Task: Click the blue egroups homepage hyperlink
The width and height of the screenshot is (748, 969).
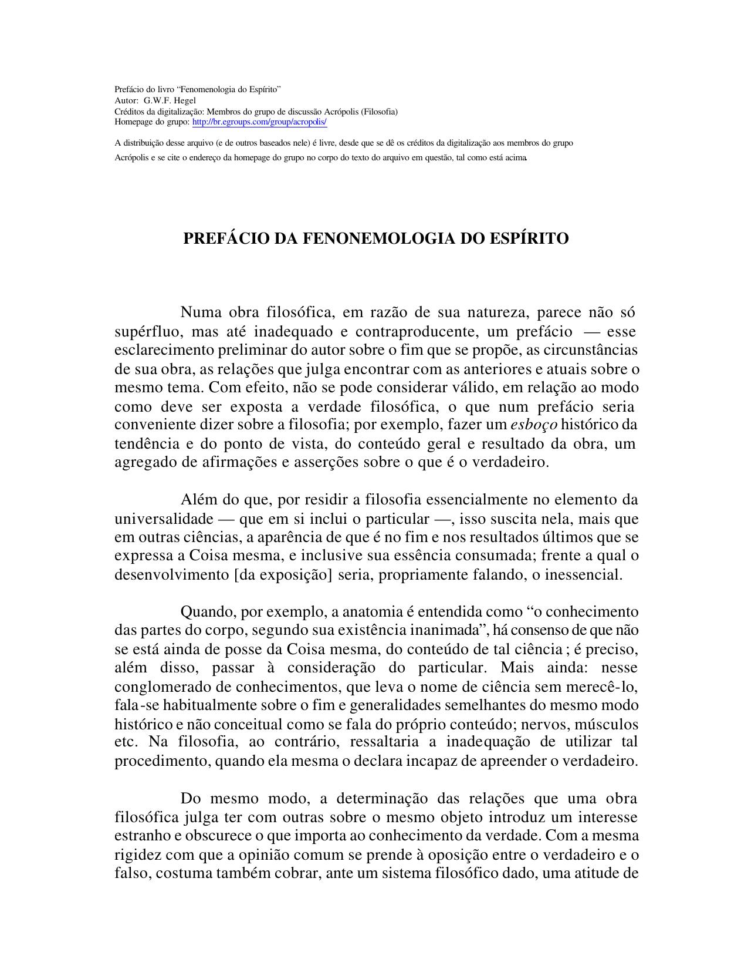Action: point(259,122)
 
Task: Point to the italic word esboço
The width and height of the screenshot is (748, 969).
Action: point(534,424)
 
